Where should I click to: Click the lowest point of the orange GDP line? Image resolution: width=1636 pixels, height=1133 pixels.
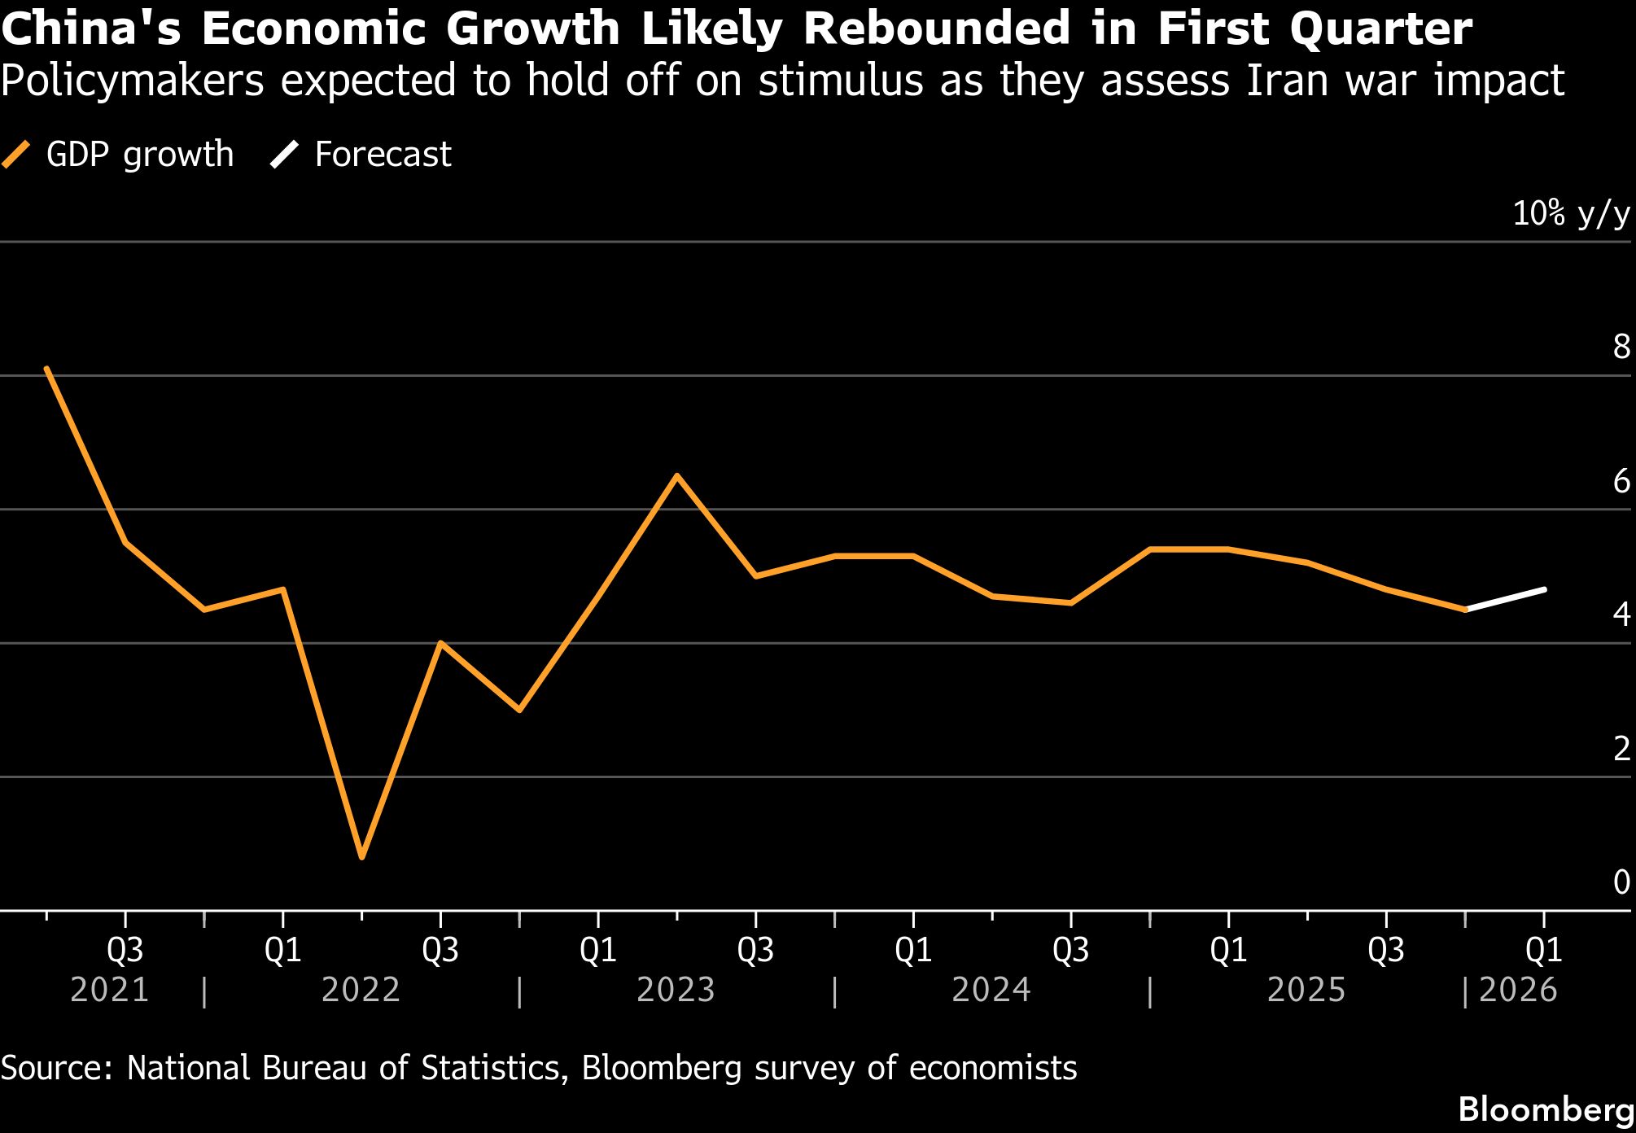[362, 856]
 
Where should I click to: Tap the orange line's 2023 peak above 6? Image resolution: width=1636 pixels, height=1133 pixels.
[676, 475]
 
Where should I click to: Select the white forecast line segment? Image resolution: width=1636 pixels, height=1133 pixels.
[1506, 599]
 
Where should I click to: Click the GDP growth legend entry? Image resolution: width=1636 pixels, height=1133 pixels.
[119, 154]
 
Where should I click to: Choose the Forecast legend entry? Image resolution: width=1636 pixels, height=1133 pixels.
[361, 154]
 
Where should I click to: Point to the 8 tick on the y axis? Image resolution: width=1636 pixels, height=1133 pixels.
[1621, 348]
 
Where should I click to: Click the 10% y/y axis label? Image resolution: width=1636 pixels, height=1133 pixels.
[1570, 214]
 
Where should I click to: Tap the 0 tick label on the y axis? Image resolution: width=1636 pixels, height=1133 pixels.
[1621, 882]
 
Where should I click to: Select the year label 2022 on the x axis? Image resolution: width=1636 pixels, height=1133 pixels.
[361, 991]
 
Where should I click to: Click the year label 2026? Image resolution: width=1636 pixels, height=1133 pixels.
[1517, 991]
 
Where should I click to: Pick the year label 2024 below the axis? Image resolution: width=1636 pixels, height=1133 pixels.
[991, 991]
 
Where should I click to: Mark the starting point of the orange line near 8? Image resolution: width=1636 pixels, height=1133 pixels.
[47, 369]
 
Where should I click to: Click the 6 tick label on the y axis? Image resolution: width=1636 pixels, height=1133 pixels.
[1621, 482]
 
